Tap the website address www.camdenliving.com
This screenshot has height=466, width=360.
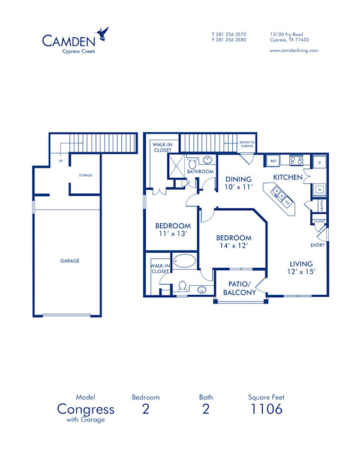point(293,50)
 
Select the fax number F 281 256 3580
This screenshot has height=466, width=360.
point(229,40)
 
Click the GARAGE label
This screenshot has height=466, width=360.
point(70,261)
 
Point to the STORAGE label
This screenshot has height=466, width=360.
point(85,175)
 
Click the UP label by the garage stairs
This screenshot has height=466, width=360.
point(60,161)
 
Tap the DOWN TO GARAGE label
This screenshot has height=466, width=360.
point(248,144)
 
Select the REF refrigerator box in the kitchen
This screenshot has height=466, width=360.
point(272,161)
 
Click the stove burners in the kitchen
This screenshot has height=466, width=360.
point(295,160)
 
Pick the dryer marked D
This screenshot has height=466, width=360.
point(319,163)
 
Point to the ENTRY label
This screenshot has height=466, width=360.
point(318,245)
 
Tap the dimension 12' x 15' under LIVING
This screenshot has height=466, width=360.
point(301,272)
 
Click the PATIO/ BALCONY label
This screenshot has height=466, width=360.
point(239,288)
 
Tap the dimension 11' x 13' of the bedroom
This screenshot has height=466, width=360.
point(172,234)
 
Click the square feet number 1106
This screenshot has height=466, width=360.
point(266,410)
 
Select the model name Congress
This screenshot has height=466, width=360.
point(86,410)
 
